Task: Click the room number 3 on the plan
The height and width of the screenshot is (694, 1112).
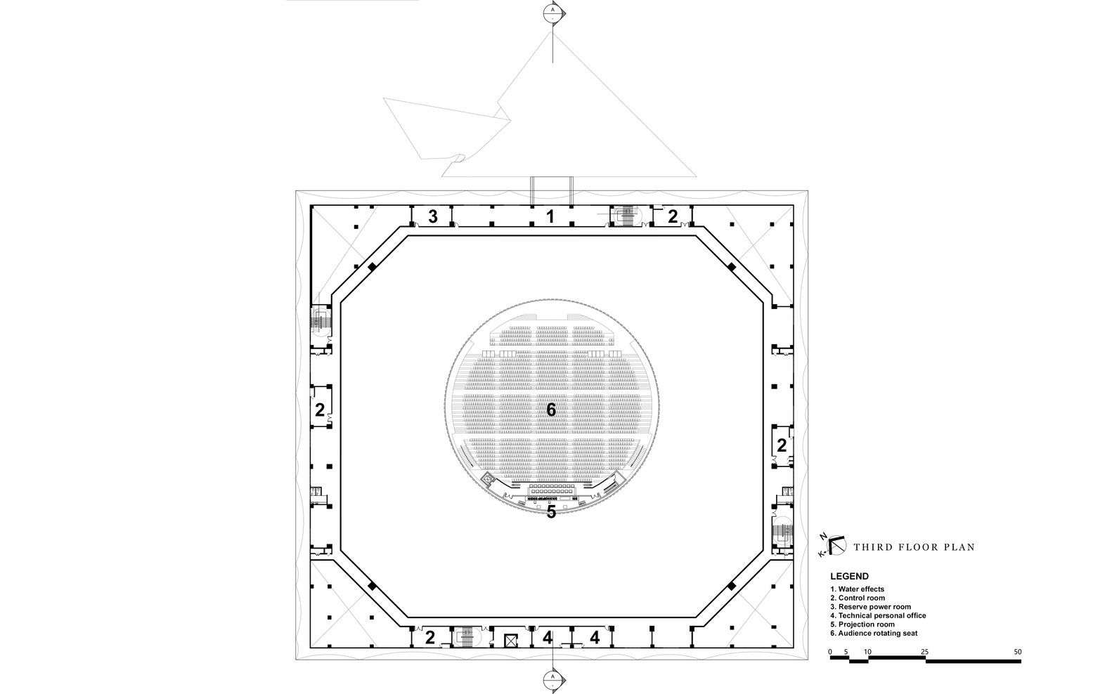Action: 433,217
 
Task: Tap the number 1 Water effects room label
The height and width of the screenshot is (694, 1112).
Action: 551,217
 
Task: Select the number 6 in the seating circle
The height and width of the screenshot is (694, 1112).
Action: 551,409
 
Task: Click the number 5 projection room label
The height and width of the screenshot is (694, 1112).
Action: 551,513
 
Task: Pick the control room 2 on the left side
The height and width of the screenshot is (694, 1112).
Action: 320,410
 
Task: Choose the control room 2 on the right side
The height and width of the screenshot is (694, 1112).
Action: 782,445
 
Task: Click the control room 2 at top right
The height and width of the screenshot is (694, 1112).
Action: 673,216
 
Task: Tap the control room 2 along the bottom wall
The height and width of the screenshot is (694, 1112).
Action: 429,638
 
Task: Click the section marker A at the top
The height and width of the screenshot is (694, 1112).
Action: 553,11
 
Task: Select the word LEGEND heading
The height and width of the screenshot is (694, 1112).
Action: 849,576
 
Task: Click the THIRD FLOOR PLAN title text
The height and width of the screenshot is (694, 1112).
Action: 914,546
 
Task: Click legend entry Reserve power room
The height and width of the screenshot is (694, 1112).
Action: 870,607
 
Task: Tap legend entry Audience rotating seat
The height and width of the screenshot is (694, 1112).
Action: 874,633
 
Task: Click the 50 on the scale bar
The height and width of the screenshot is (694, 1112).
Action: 1017,652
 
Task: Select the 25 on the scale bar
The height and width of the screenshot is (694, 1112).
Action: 925,652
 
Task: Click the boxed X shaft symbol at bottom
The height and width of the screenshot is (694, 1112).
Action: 511,639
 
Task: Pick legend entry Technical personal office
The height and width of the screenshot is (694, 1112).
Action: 878,615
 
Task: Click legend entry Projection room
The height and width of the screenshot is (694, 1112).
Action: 862,624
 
